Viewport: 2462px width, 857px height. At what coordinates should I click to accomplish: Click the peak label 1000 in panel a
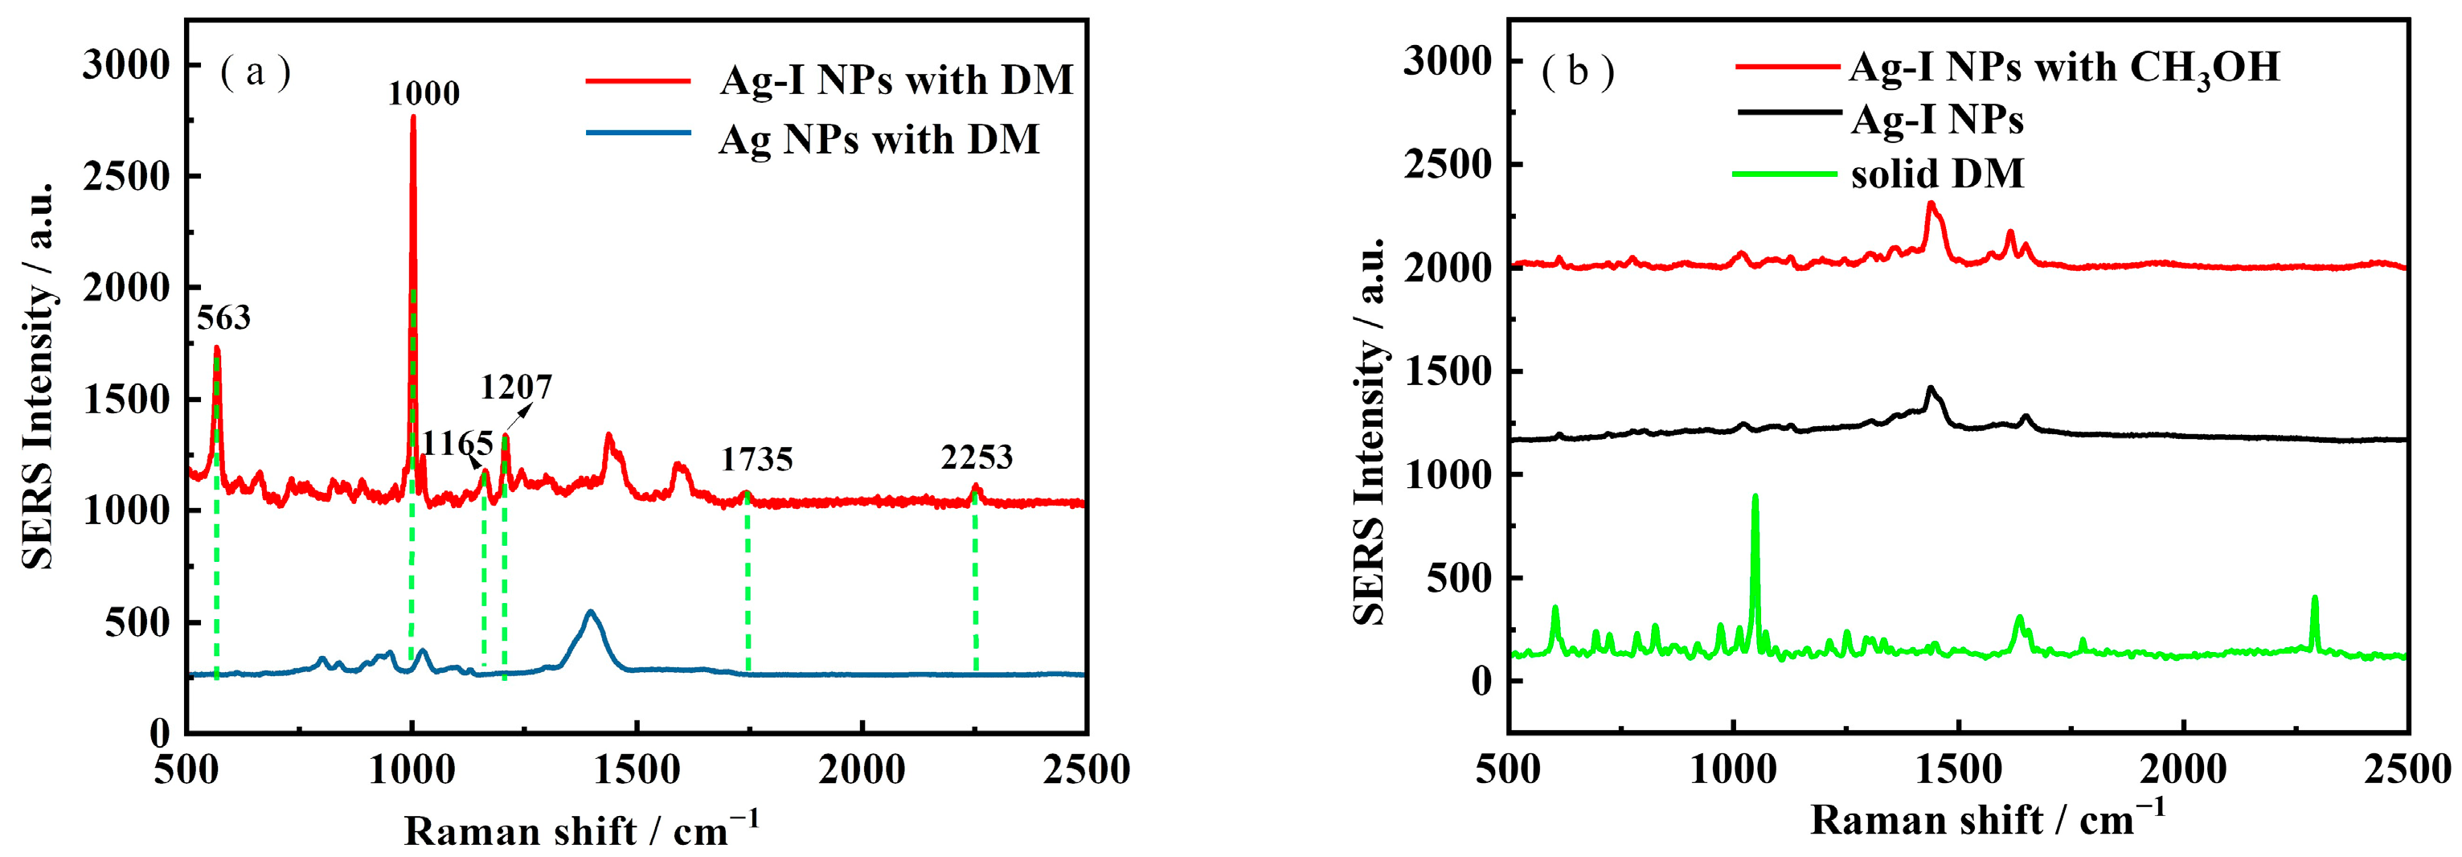(x=424, y=93)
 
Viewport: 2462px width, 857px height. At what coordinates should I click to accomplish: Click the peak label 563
(x=223, y=318)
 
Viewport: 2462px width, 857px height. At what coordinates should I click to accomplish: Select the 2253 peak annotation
(x=976, y=457)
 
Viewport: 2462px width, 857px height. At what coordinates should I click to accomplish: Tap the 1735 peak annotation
(x=757, y=460)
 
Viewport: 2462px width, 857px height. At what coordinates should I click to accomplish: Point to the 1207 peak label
(x=516, y=387)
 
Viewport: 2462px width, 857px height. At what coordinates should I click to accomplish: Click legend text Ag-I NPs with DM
(x=895, y=80)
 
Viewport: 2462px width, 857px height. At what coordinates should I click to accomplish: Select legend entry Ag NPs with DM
(x=879, y=140)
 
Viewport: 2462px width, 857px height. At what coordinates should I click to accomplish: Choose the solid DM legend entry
(x=1936, y=174)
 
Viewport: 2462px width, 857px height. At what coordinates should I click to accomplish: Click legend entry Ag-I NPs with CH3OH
(x=2064, y=67)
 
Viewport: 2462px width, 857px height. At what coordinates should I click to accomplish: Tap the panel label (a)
(x=255, y=72)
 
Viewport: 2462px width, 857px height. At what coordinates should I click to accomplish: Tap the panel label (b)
(x=1577, y=72)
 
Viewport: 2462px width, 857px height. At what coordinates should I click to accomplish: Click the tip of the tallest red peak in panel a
(x=413, y=117)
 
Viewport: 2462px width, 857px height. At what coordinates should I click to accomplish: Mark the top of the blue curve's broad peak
(x=591, y=612)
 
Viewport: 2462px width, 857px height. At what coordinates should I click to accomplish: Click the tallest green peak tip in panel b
(x=1755, y=496)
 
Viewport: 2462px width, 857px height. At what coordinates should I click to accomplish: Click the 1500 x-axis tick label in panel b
(x=1960, y=769)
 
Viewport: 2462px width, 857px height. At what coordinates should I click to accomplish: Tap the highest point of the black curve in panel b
(x=1931, y=387)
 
